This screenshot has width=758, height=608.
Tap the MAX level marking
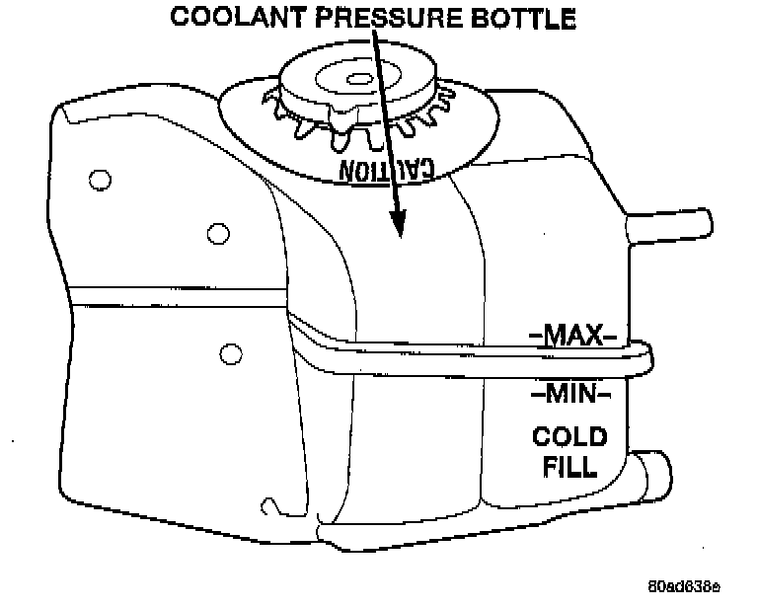pos(572,337)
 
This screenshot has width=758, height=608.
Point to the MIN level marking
pos(571,394)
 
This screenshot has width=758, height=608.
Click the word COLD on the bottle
pos(569,436)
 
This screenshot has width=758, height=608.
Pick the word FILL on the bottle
pos(569,465)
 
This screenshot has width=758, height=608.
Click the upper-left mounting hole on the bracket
pos(98,179)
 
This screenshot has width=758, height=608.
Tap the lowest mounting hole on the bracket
pos(229,352)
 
